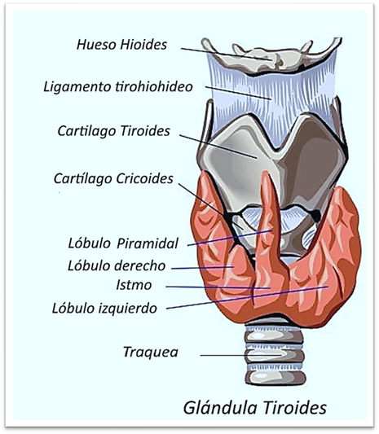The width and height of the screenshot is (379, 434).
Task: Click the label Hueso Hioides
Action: (121, 45)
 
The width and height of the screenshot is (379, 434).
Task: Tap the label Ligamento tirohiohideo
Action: (118, 86)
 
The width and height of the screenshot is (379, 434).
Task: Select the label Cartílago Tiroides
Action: (113, 131)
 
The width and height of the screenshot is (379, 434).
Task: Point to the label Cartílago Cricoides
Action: (113, 178)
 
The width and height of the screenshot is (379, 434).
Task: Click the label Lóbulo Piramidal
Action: (123, 243)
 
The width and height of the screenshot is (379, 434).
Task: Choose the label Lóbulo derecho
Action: (117, 265)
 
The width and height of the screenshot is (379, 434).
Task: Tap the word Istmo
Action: (134, 285)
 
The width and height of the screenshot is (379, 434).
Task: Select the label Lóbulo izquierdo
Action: (104, 308)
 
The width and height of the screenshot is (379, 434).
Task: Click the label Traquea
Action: (151, 352)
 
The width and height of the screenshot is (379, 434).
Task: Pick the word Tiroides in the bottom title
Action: (294, 408)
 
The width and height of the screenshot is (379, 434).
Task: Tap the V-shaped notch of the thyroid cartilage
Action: (276, 145)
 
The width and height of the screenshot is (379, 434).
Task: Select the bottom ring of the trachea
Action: (275, 377)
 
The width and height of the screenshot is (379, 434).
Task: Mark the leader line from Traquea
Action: (241, 355)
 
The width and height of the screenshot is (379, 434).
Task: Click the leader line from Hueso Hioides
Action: (226, 54)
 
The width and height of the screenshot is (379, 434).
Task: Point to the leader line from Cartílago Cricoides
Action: (211, 207)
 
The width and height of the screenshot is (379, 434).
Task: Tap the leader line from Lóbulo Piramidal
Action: (230, 238)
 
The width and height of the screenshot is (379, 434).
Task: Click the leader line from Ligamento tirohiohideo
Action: (238, 93)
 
